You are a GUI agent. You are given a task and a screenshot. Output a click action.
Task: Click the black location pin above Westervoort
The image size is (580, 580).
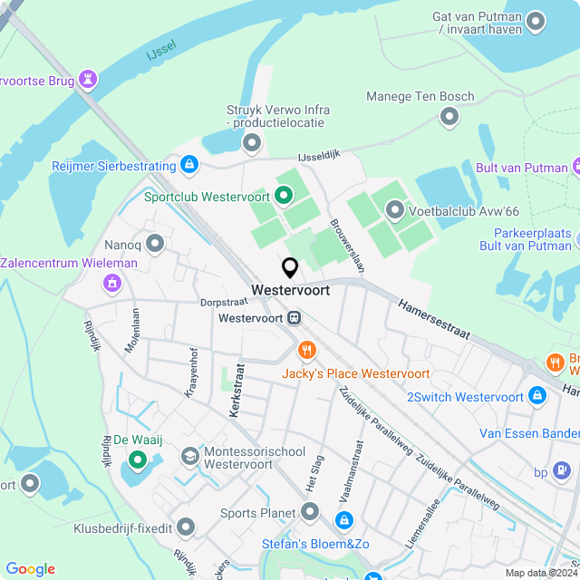coord(290,267)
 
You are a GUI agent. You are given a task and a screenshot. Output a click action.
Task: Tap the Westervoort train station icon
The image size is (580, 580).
coord(295,318)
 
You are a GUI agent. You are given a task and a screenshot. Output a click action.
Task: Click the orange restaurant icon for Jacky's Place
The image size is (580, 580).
coord(307,350)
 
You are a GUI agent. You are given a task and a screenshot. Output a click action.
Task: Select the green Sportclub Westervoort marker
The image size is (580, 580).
coord(284,194)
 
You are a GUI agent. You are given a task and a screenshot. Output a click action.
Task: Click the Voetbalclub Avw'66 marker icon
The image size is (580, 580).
coord(394,210)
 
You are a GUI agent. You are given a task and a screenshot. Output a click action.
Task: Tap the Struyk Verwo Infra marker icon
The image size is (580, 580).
coord(252,142)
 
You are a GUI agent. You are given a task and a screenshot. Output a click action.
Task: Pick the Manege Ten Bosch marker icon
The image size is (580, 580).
coord(449,116)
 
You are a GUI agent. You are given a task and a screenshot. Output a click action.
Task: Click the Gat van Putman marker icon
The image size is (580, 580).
coord(536,21)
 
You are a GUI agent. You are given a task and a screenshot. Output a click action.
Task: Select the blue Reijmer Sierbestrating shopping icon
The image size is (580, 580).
coord(189,165)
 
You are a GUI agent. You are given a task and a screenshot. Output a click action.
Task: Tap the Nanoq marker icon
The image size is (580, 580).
coord(156,243)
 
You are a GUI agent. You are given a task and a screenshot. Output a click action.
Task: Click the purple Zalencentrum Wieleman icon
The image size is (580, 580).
coord(112,284)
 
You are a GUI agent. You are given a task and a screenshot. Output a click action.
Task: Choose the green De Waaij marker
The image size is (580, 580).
coord(138,460)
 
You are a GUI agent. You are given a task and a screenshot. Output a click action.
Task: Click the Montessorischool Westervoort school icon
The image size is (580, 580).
coord(190,455)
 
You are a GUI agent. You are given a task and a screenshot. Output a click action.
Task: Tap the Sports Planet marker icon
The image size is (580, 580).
coord(310,513)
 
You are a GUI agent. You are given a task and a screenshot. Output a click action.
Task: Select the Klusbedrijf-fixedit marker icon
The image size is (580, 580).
coord(186,526)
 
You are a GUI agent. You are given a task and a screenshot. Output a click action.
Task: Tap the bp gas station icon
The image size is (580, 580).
coord(562,471)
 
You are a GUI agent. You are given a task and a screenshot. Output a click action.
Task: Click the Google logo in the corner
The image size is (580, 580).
coord(30,568)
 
